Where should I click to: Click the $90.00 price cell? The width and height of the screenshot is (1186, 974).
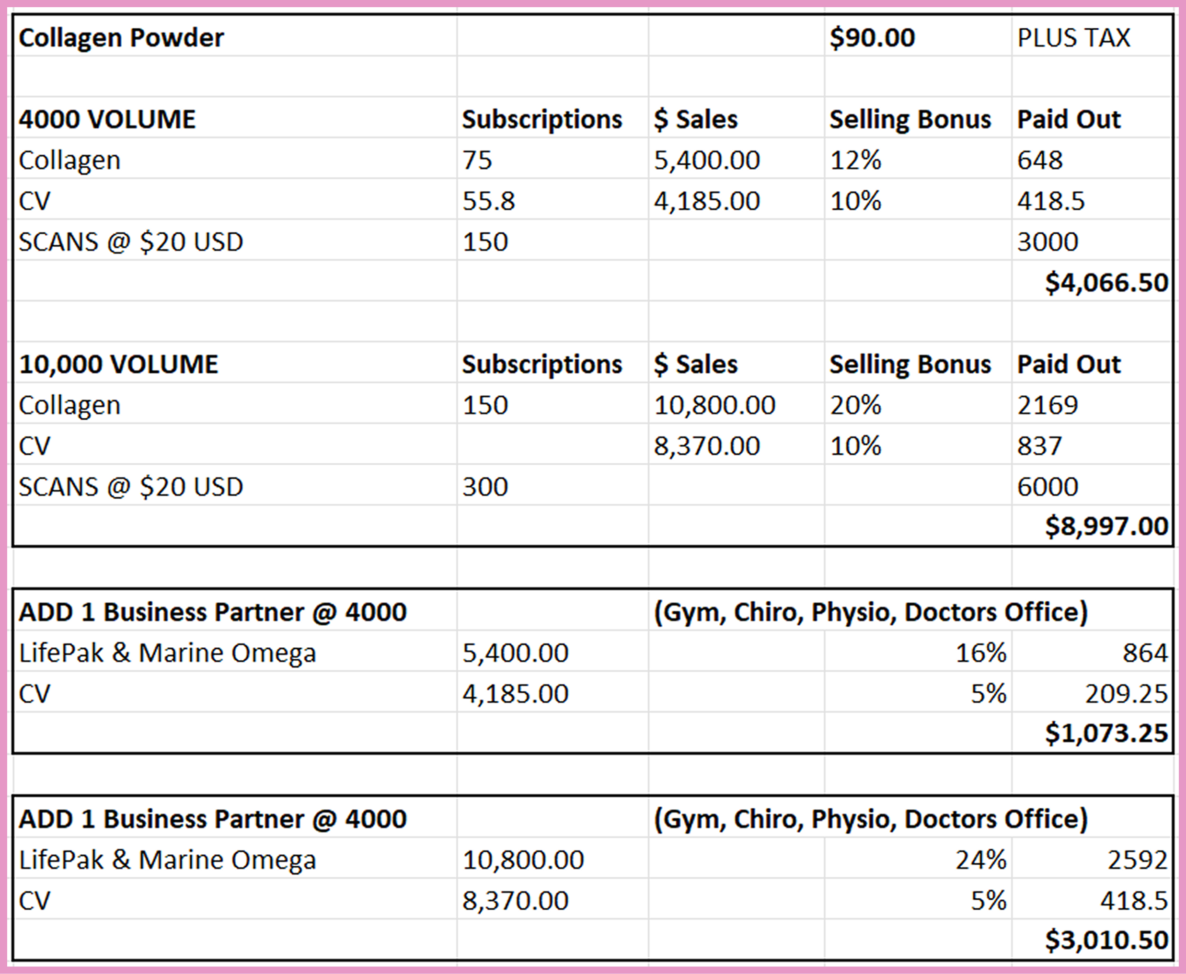pyautogui.click(x=872, y=37)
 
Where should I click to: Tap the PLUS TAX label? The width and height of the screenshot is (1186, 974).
pyautogui.click(x=1073, y=37)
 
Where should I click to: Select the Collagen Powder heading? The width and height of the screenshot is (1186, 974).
pyautogui.click(x=121, y=37)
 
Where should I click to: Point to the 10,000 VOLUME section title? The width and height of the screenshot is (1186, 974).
pyautogui.click(x=118, y=364)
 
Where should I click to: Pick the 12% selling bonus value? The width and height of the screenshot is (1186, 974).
pyautogui.click(x=855, y=160)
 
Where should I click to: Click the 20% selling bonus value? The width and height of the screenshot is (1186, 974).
pyautogui.click(x=855, y=405)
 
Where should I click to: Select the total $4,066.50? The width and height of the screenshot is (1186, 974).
pyautogui.click(x=1106, y=282)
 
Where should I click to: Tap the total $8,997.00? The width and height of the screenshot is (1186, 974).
pyautogui.click(x=1106, y=526)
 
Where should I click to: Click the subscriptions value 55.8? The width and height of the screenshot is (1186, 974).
pyautogui.click(x=488, y=201)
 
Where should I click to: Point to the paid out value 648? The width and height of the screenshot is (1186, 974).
pyautogui.click(x=1039, y=160)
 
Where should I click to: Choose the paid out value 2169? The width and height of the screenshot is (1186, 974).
pyautogui.click(x=1047, y=405)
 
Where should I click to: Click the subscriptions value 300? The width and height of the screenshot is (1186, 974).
pyautogui.click(x=485, y=486)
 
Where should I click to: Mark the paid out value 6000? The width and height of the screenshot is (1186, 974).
pyautogui.click(x=1047, y=486)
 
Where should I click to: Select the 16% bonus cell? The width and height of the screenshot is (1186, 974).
pyautogui.click(x=980, y=653)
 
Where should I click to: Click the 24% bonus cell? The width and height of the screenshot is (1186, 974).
pyautogui.click(x=980, y=860)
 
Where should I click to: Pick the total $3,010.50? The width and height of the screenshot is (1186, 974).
pyautogui.click(x=1106, y=940)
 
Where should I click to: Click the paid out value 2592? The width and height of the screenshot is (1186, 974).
pyautogui.click(x=1137, y=860)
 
